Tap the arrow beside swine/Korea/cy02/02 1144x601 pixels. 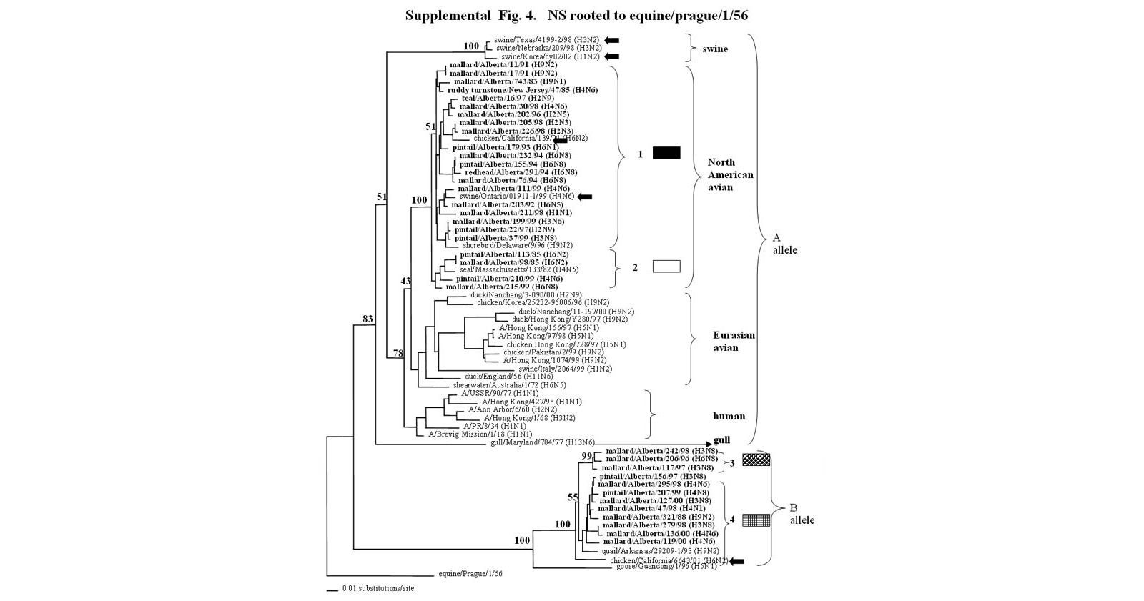point(611,56)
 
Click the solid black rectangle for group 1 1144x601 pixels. point(666,152)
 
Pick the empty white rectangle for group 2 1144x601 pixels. point(666,267)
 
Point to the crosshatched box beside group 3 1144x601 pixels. point(756,460)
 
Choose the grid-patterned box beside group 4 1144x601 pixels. point(756,520)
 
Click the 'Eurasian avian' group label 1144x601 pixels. point(733,341)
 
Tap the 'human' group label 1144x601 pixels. point(729,416)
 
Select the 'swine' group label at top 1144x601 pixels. point(715,49)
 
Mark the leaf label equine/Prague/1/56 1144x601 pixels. point(470,574)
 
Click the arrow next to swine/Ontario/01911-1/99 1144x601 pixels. point(585,197)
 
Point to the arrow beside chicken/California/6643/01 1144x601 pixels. point(736,561)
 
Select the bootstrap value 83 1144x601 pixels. point(368,319)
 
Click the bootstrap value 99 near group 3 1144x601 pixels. point(587,456)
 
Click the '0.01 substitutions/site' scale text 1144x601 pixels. point(378,589)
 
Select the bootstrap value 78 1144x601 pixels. point(398,353)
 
